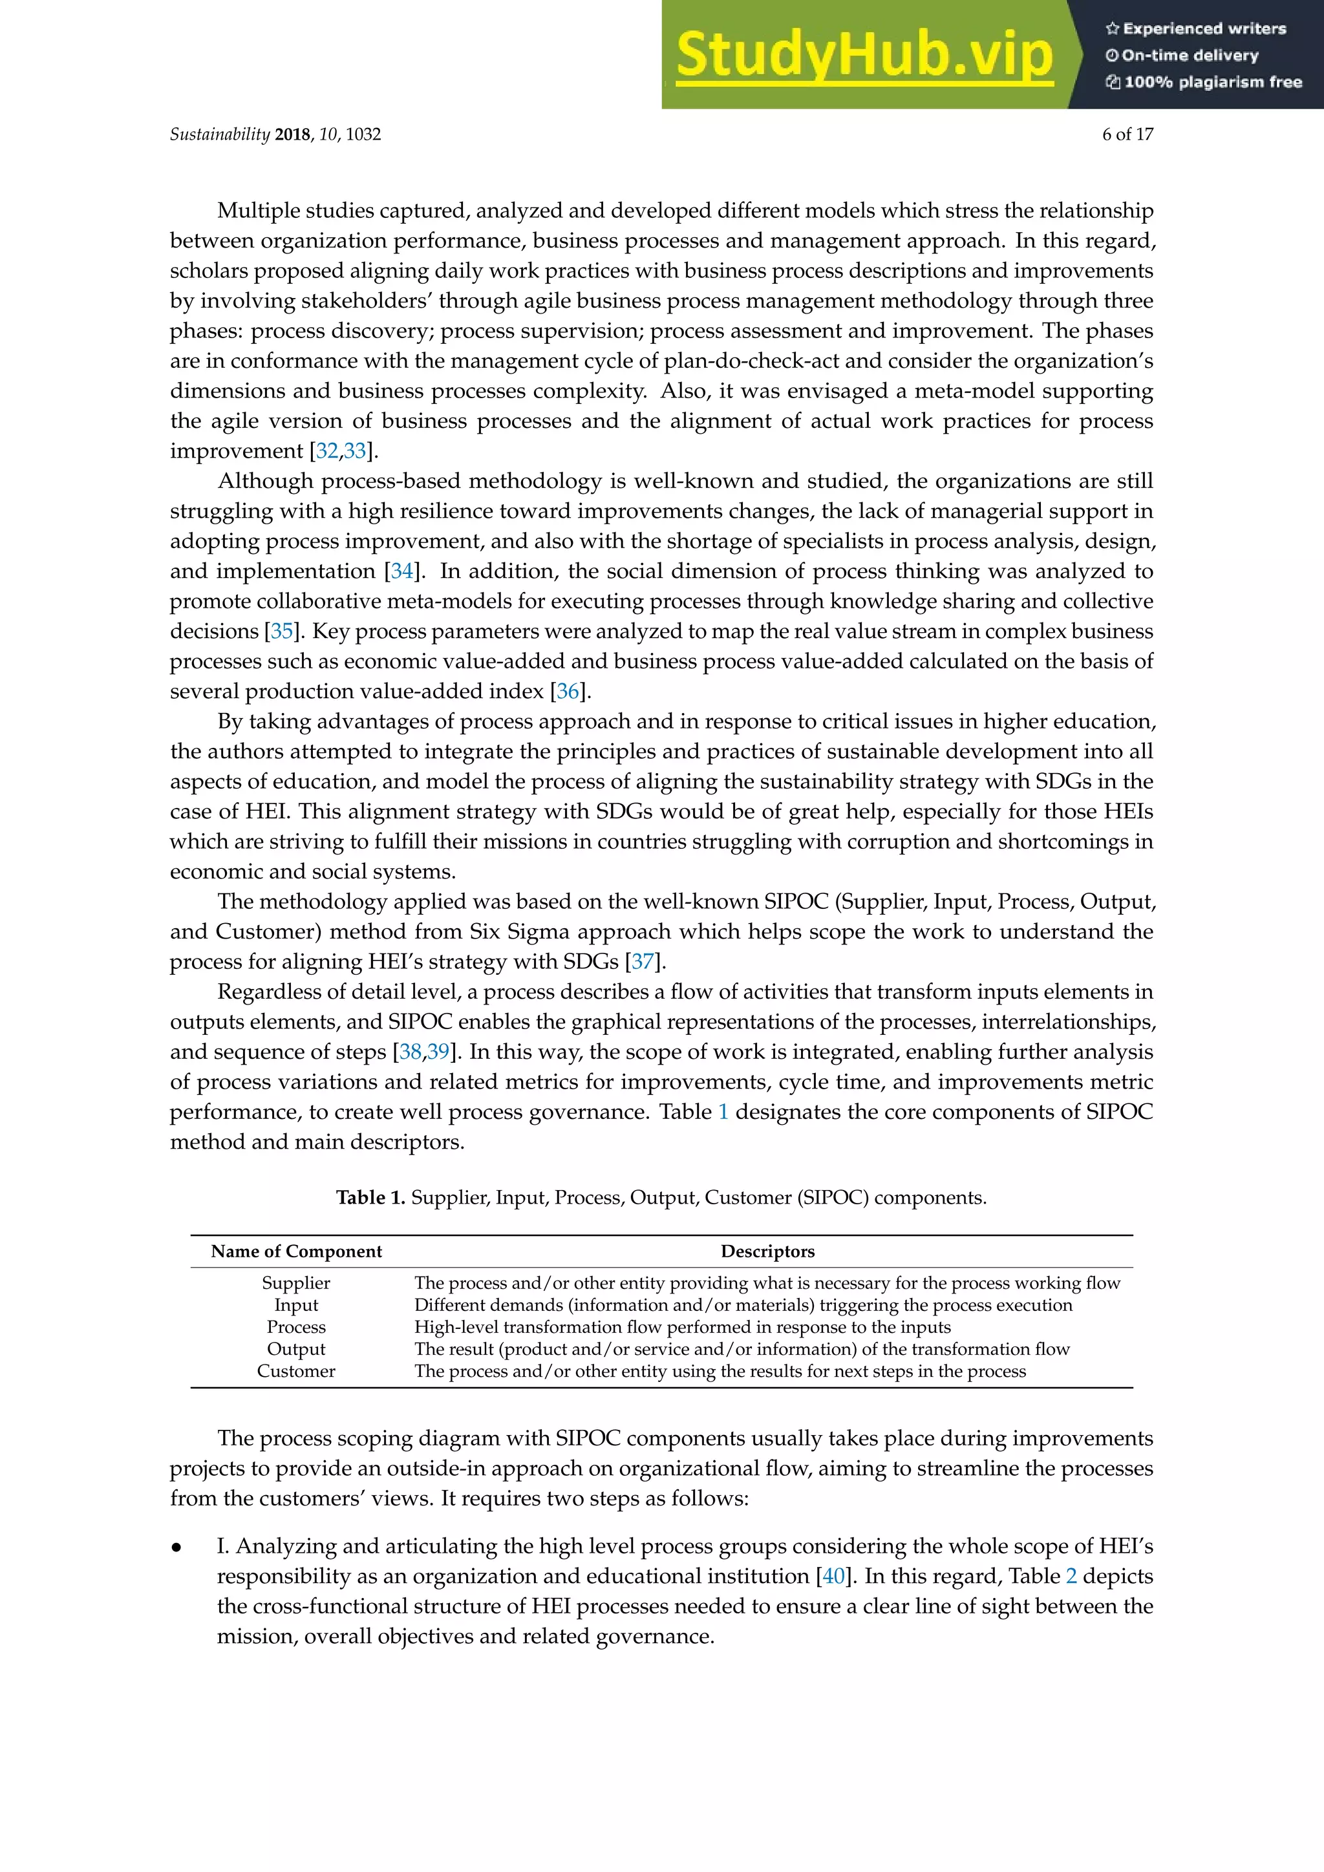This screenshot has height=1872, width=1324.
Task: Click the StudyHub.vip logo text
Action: click(864, 55)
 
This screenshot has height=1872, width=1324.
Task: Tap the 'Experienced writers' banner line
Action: click(1196, 28)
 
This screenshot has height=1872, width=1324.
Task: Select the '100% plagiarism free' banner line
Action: click(1204, 81)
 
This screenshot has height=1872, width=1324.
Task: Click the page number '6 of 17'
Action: click(1127, 134)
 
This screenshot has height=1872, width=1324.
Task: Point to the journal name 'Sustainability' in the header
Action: click(219, 134)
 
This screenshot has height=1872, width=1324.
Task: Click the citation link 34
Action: click(402, 571)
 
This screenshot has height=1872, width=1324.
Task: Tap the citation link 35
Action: click(282, 631)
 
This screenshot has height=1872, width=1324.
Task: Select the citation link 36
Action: click(568, 692)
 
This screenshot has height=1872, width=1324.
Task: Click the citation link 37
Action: click(643, 961)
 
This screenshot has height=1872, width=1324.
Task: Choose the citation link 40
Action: click(833, 1576)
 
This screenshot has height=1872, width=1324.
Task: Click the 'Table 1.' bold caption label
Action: click(370, 1198)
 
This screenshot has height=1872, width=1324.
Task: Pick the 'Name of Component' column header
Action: click(296, 1251)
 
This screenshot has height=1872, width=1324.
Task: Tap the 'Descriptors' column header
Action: click(767, 1251)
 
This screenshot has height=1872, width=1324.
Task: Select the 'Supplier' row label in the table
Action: click(296, 1282)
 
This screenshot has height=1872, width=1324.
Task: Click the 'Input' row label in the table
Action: click(296, 1304)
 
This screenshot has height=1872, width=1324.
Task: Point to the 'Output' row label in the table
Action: click(296, 1348)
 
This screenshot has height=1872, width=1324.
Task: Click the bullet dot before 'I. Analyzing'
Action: click(176, 1547)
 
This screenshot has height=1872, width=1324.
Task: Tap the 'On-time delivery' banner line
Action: click(1182, 56)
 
